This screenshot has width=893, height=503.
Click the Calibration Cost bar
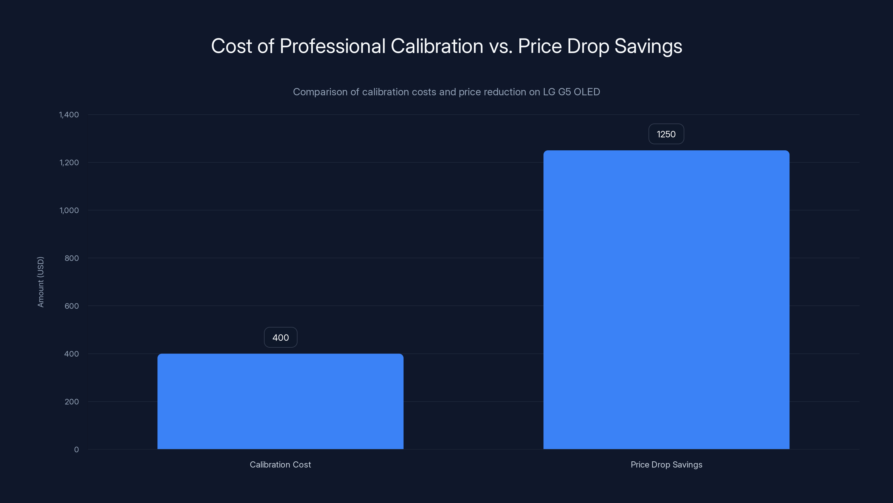click(x=280, y=401)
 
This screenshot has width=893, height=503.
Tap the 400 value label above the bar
click(x=280, y=337)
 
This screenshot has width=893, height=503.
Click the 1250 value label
click(x=666, y=134)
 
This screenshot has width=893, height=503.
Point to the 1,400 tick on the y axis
click(x=69, y=115)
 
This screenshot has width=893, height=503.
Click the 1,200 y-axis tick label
click(x=69, y=162)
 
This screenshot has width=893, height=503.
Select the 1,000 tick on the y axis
click(x=69, y=210)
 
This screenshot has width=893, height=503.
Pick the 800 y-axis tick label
click(x=71, y=258)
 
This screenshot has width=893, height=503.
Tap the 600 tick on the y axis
click(x=71, y=306)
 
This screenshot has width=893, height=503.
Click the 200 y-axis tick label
click(x=71, y=402)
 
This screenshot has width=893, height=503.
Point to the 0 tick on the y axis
click(x=76, y=450)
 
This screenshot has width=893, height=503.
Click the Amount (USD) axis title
click(x=40, y=282)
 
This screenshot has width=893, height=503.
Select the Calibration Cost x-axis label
click(x=280, y=464)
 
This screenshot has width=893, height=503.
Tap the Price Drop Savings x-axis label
click(x=666, y=464)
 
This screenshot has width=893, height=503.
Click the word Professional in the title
click(x=332, y=46)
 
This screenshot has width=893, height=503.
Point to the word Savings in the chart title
click(x=648, y=46)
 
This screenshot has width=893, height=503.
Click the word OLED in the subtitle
click(x=587, y=92)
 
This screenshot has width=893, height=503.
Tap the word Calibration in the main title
click(x=437, y=46)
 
